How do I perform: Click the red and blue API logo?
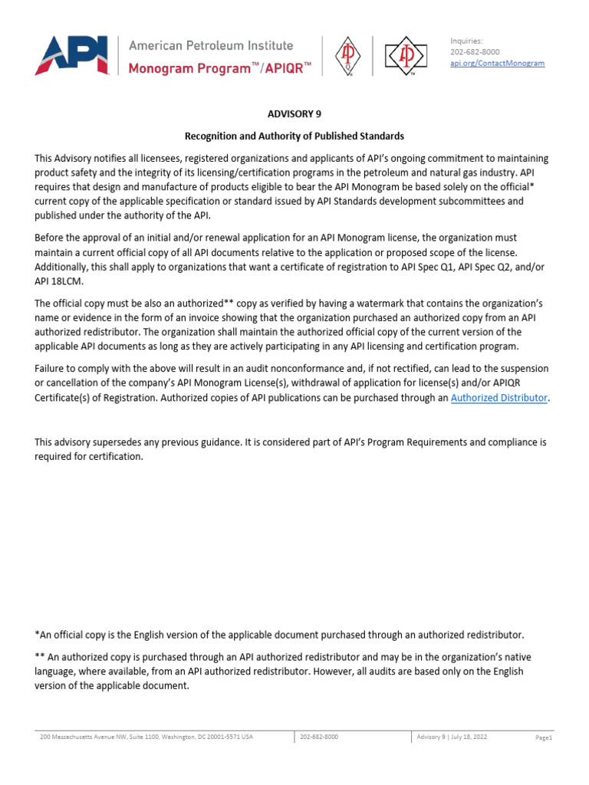[x=71, y=55]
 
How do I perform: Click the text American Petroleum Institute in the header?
[x=210, y=45]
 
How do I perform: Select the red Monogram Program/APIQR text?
[x=219, y=68]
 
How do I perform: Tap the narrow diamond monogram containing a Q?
[x=347, y=57]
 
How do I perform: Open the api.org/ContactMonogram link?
[x=497, y=63]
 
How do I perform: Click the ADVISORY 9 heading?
[x=294, y=113]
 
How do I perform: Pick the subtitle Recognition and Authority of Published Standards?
[x=294, y=136]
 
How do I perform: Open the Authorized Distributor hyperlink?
[x=499, y=398]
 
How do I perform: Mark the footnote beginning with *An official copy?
[x=279, y=635]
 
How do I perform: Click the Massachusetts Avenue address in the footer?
[x=146, y=737]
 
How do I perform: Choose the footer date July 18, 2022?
[x=468, y=737]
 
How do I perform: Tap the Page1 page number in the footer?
[x=544, y=737]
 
